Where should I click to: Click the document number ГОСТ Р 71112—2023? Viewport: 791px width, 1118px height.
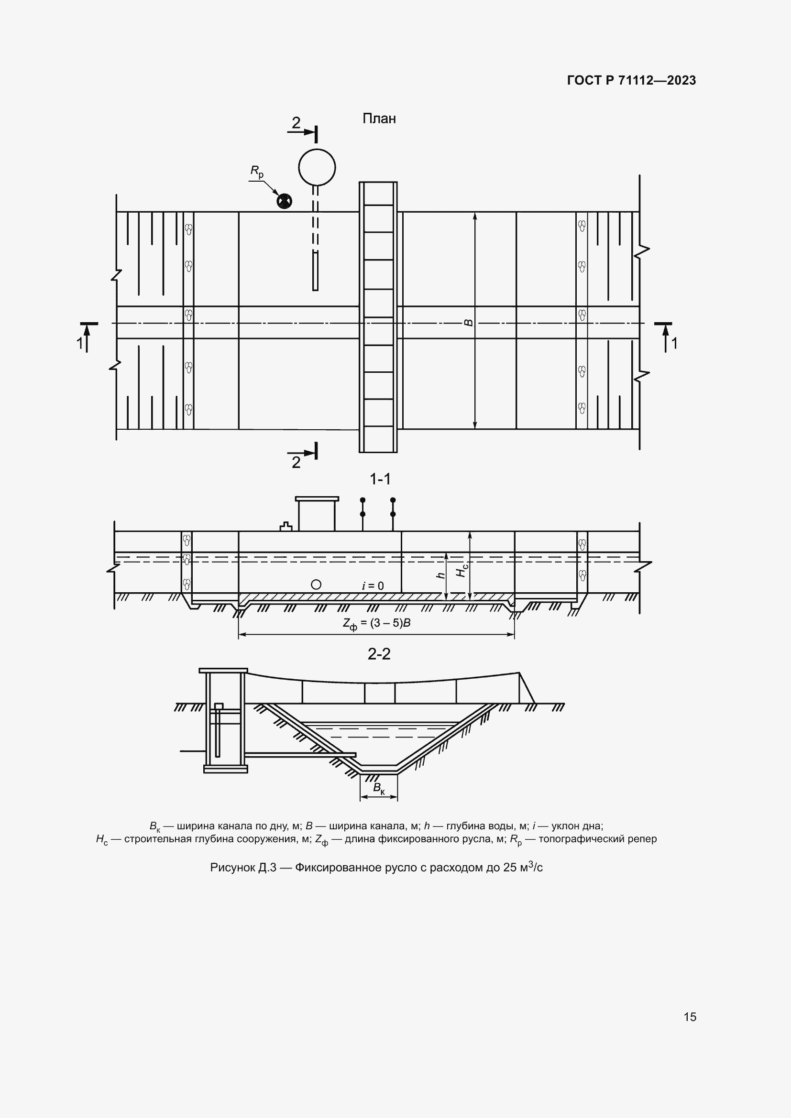click(631, 80)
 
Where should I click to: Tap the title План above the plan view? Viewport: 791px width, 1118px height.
click(379, 119)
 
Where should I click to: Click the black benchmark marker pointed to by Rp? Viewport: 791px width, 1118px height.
click(284, 201)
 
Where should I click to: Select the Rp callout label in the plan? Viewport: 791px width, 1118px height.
click(257, 172)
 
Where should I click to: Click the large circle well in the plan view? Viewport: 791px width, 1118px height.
click(317, 166)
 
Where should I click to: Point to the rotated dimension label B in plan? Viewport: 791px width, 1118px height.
click(469, 322)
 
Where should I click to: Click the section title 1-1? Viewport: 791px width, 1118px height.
click(380, 479)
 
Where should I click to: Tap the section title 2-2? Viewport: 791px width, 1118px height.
click(379, 654)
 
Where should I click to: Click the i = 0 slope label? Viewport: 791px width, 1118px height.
click(373, 586)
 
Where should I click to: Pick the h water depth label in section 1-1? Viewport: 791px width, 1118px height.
click(441, 575)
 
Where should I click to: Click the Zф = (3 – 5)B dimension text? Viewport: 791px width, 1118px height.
click(376, 624)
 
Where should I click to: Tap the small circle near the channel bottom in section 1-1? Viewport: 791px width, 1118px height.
click(316, 584)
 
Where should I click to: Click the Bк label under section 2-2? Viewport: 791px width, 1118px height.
click(378, 788)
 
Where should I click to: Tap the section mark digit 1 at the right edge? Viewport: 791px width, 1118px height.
click(674, 344)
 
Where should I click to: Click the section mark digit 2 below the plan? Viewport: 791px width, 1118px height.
click(296, 462)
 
